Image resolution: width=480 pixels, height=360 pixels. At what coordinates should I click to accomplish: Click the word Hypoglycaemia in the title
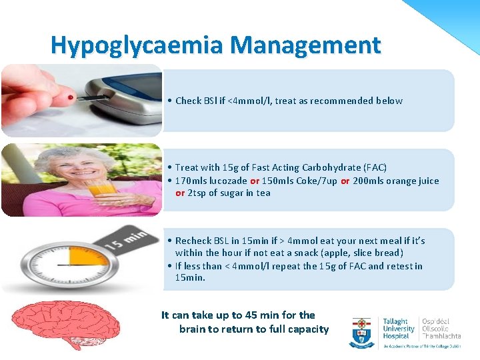click(x=137, y=46)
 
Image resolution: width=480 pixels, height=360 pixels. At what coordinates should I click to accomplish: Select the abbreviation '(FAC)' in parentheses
click(x=374, y=167)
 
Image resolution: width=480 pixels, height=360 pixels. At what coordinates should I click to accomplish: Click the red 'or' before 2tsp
click(x=180, y=193)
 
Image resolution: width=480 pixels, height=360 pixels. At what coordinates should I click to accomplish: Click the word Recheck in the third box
click(x=193, y=241)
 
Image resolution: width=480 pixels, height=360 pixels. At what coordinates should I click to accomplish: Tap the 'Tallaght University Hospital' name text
click(x=398, y=329)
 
